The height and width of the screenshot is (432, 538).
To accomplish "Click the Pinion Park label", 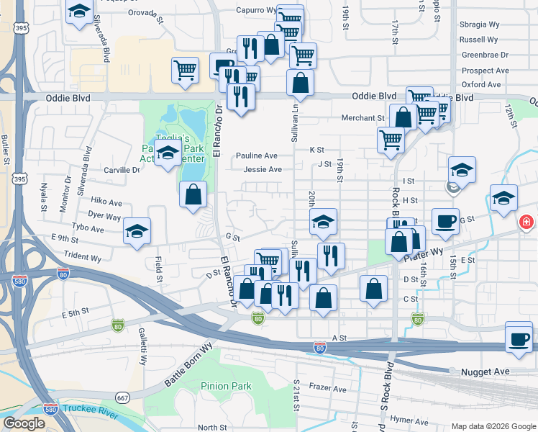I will click(226, 387).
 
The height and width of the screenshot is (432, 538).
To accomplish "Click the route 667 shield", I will click(124, 397).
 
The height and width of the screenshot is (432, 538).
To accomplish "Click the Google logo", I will click(24, 423).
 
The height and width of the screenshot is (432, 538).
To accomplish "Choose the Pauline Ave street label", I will click(257, 156).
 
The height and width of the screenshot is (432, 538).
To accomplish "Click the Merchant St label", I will click(363, 118).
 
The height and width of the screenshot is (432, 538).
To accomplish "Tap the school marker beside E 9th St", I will click(137, 232).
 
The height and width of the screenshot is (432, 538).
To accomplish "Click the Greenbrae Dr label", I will click(485, 55).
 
